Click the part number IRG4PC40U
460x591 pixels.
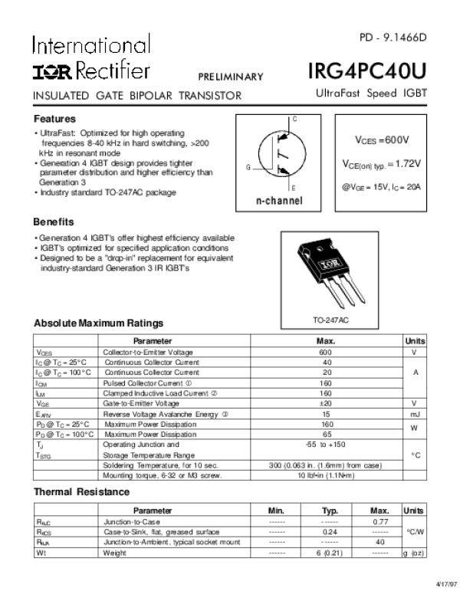[x=367, y=71]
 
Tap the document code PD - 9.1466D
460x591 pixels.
[x=393, y=38]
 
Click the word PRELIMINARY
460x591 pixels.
[x=231, y=77]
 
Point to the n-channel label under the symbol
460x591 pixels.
[x=279, y=201]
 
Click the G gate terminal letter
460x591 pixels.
[x=248, y=166]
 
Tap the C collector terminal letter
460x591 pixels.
[x=295, y=120]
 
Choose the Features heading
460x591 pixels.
[x=54, y=120]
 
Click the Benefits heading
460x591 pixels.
[x=54, y=222]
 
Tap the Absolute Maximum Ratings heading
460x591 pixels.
[x=98, y=323]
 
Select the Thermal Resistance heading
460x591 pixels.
[x=82, y=492]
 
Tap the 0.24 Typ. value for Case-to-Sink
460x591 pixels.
[x=330, y=530]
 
